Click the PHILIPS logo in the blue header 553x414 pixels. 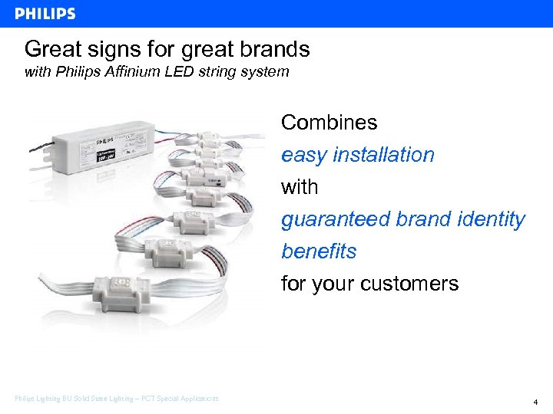click(45, 14)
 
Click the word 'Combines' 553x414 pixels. click(329, 123)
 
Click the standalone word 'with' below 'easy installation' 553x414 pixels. click(300, 187)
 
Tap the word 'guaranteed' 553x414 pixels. click(335, 220)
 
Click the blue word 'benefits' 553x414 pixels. click(319, 251)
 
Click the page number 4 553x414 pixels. click(535, 402)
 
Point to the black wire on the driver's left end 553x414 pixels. click(35, 157)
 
